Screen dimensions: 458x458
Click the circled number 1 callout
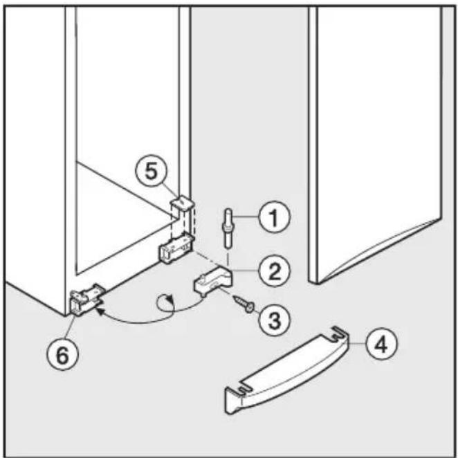coord(274,217)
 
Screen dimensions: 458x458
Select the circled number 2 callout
coord(274,271)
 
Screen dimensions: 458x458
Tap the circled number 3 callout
coord(274,320)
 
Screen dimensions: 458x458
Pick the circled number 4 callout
coord(381,343)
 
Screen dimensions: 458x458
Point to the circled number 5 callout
coord(151,172)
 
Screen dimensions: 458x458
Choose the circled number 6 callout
coord(62,356)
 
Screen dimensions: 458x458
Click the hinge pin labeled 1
coord(228,228)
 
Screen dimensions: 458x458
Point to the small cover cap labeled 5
coord(182,203)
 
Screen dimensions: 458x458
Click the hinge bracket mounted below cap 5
coord(176,248)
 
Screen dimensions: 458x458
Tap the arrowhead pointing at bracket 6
coord(100,311)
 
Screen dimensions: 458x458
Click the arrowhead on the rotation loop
coord(169,298)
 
